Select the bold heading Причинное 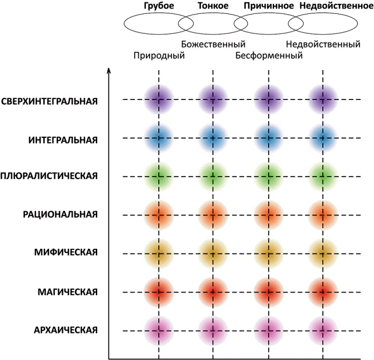268,6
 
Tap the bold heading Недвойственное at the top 334,6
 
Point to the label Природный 159,55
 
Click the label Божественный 213,44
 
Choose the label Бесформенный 269,55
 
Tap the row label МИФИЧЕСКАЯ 68,253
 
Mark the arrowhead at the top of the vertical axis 109,70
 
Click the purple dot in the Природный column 159,99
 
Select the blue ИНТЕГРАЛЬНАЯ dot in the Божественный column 213,138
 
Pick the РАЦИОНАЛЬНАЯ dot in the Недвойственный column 323,215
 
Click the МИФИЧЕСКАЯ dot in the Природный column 159,254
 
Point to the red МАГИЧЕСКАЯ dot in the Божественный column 213,292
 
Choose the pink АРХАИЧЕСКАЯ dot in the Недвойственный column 323,331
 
